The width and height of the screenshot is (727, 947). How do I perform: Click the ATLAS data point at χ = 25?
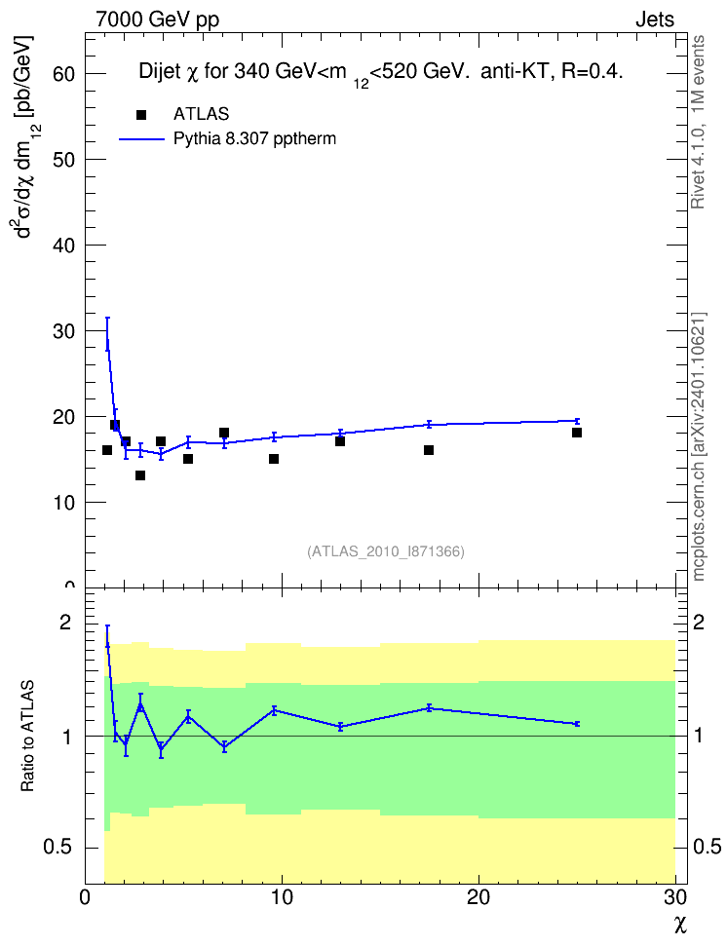pyautogui.click(x=577, y=433)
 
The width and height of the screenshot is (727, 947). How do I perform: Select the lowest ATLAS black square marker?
pyautogui.click(x=140, y=475)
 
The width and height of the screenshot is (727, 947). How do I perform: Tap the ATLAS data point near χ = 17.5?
pyautogui.click(x=429, y=450)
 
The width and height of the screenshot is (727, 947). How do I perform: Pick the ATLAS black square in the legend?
pyautogui.click(x=141, y=115)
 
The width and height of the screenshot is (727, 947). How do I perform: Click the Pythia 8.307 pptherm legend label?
pyautogui.click(x=254, y=139)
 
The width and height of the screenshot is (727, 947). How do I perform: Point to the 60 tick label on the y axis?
pyautogui.click(x=64, y=74)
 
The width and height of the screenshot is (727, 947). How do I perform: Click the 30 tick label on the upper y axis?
pyautogui.click(x=64, y=331)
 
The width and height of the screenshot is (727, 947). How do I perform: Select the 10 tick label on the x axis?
pyautogui.click(x=282, y=897)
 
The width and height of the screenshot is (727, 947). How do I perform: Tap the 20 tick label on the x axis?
pyautogui.click(x=478, y=897)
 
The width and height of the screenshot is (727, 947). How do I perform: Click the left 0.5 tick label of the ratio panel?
pyautogui.click(x=58, y=848)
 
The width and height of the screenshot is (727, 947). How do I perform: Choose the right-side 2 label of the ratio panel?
pyautogui.click(x=699, y=622)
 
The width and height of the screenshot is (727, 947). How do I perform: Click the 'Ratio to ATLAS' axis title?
pyautogui.click(x=27, y=737)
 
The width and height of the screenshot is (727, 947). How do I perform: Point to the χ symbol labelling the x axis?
pyautogui.click(x=680, y=925)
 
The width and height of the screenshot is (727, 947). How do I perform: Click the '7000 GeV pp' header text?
pyautogui.click(x=157, y=19)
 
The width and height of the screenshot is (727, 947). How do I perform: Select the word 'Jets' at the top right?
pyautogui.click(x=655, y=19)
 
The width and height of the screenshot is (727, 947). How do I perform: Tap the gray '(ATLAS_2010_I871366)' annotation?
pyautogui.click(x=386, y=551)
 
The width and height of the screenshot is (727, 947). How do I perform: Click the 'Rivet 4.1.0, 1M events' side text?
pyautogui.click(x=699, y=122)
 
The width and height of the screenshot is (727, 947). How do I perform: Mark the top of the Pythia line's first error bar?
pyautogui.click(x=107, y=318)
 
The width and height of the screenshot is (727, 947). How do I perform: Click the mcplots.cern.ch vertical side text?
pyautogui.click(x=699, y=447)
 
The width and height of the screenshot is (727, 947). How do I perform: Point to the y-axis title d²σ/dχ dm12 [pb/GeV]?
pyautogui.click(x=24, y=136)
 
